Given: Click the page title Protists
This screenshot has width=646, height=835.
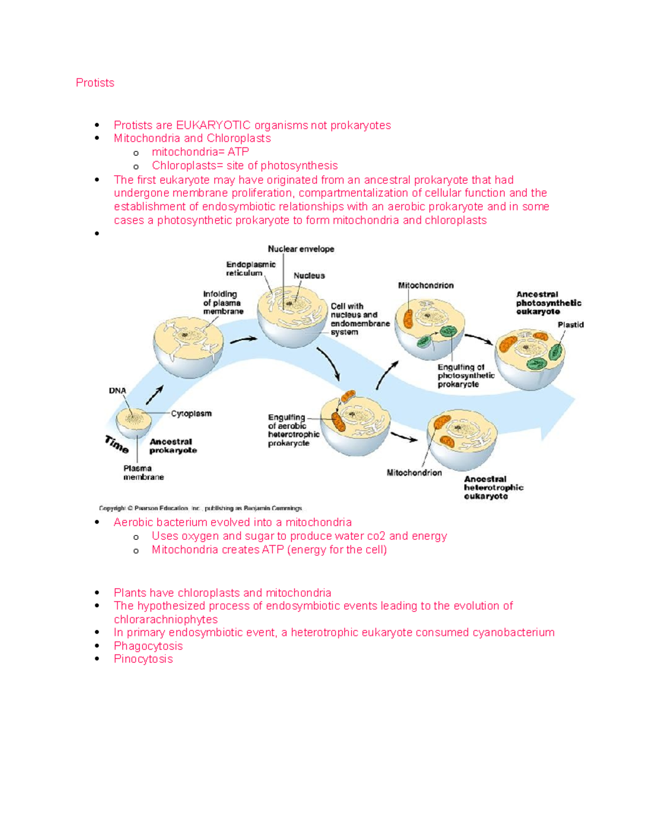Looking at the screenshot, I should [x=95, y=83].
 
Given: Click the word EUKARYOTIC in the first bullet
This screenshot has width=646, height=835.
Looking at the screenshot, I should [x=213, y=125].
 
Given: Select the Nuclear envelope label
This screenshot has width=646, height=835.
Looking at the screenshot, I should [x=301, y=249].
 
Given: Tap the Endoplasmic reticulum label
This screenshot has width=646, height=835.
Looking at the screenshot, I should [x=250, y=269].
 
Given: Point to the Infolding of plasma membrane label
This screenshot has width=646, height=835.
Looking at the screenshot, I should [x=223, y=303].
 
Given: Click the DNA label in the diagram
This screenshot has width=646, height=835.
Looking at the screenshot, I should [x=117, y=391].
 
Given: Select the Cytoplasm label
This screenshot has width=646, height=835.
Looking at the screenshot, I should [x=191, y=413].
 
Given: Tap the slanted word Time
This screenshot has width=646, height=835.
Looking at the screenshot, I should [x=116, y=444].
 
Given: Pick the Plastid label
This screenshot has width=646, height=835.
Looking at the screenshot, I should [x=570, y=325].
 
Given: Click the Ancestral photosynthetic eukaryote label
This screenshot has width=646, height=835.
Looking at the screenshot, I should [x=548, y=303].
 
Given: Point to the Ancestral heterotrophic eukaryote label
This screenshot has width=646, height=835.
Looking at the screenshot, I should [x=493, y=488].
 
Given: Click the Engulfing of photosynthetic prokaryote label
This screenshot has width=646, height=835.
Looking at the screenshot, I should [x=466, y=376].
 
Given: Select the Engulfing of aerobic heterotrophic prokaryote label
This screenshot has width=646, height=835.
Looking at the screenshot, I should [x=293, y=430].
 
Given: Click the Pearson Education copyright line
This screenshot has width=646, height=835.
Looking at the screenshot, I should [x=200, y=508].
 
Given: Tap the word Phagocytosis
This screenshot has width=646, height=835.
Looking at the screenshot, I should [x=148, y=646].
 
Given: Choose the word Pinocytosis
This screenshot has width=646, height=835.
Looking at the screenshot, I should [x=143, y=659].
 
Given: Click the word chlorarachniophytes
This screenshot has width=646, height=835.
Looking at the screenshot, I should [x=166, y=619].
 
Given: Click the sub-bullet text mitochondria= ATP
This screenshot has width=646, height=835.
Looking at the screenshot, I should [x=200, y=152].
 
